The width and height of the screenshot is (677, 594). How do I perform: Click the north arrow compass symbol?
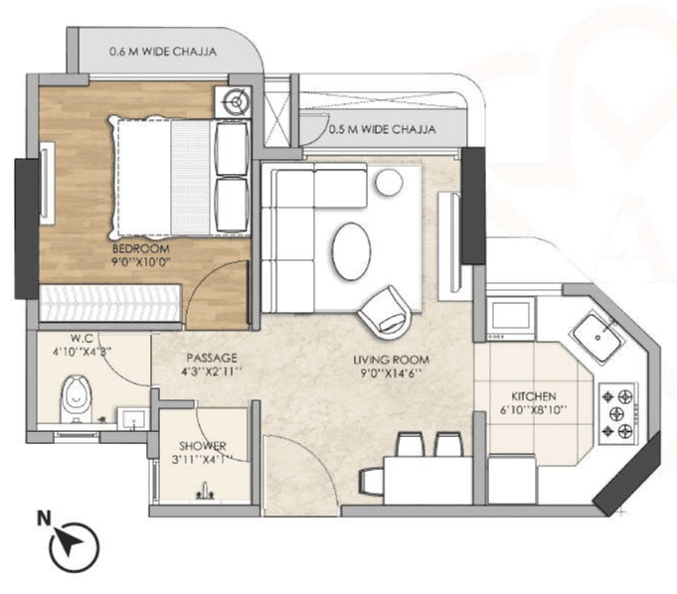pyautogui.click(x=75, y=542)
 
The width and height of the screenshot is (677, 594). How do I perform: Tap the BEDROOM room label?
pyautogui.click(x=140, y=248)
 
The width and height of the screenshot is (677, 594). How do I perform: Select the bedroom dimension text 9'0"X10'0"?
pyautogui.click(x=140, y=263)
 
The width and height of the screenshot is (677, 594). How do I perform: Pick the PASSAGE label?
pyautogui.click(x=209, y=357)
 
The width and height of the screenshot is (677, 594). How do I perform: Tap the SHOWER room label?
pyautogui.click(x=203, y=446)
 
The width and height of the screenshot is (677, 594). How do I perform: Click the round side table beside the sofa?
pyautogui.click(x=388, y=180)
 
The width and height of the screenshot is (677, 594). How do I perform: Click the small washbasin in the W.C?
pyautogui.click(x=131, y=417)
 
